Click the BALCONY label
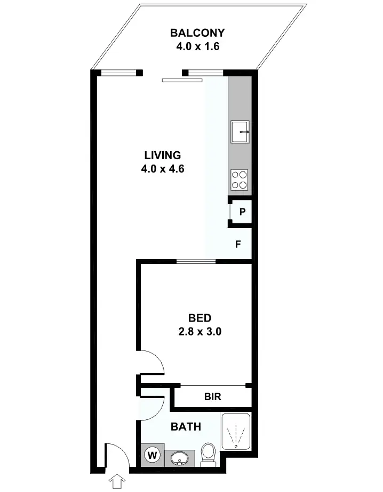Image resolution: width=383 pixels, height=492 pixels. [x=197, y=33]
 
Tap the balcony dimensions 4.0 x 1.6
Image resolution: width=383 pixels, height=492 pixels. [x=198, y=46]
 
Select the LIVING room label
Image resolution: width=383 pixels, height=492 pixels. [x=163, y=155]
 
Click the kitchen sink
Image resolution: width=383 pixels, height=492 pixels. [x=240, y=131]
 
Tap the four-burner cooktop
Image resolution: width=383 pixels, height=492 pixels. [x=240, y=179]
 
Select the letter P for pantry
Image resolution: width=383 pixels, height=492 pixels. [x=242, y=212]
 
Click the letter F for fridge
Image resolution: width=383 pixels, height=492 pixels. [x=239, y=245]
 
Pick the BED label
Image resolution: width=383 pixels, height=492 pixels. [x=200, y=318]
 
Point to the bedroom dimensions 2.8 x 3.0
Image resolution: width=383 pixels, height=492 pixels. [x=200, y=331]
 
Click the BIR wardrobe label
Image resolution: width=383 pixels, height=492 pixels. [x=213, y=397]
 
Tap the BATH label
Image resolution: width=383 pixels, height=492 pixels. [x=186, y=427]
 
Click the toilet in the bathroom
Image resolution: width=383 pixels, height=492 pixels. [x=208, y=454]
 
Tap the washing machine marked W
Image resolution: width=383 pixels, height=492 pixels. [x=153, y=456]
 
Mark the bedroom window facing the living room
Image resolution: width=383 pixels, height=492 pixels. [x=196, y=261]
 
